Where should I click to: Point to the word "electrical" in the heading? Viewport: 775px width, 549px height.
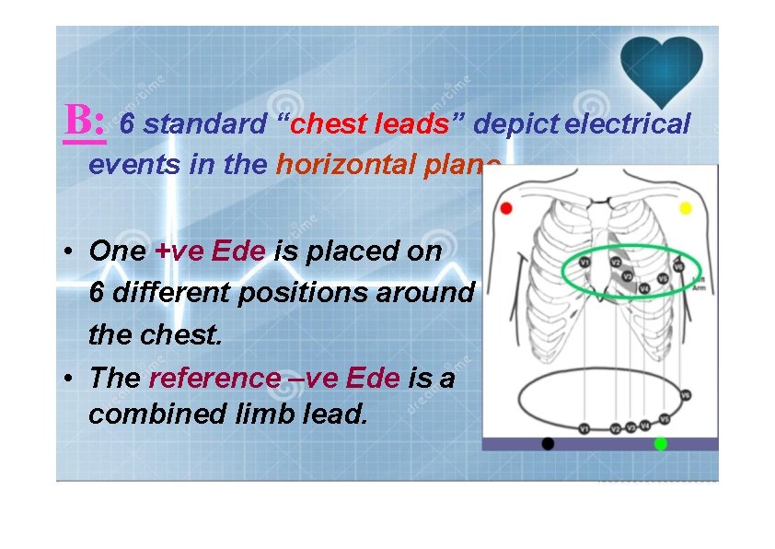pos(627,124)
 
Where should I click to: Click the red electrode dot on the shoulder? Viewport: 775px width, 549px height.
pos(505,208)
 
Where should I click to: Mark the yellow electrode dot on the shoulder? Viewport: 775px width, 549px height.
pos(685,209)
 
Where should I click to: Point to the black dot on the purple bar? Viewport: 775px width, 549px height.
pos(549,444)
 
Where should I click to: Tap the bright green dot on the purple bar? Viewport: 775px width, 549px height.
pos(660,444)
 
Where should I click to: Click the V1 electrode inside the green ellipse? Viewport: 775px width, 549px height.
pos(584,263)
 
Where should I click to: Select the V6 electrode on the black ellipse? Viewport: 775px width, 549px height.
pos(684,395)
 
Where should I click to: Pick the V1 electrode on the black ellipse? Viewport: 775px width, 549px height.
pos(584,428)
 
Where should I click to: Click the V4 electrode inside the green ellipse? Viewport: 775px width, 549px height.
pos(644,288)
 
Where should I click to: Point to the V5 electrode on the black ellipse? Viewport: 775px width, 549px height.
pos(664,419)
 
